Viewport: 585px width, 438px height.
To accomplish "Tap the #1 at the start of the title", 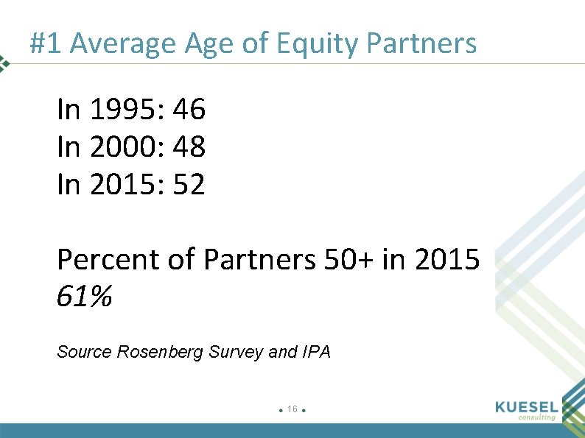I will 46,45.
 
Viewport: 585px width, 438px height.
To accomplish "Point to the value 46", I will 189,110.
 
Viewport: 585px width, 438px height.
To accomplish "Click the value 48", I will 189,147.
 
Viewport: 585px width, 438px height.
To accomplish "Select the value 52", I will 189,184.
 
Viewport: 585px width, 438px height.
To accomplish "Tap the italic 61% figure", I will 84,297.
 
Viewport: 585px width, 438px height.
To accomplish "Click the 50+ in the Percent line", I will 349,260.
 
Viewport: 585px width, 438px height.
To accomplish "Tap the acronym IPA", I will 317,352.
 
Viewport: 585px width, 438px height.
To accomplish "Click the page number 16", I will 292,409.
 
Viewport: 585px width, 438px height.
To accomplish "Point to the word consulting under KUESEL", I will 536,417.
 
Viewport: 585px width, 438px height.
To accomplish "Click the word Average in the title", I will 122,45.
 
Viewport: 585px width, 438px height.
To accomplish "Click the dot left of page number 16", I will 281,410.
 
